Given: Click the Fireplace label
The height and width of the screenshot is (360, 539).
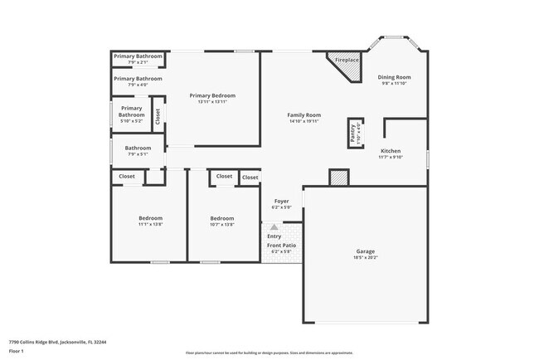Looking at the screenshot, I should point(347,61).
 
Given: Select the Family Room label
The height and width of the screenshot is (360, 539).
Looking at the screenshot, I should point(303,115).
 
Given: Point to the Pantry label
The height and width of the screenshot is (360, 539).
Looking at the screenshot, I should point(353,133).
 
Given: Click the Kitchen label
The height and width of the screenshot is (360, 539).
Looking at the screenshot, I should point(390,151).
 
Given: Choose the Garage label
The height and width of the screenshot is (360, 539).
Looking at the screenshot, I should point(366,251).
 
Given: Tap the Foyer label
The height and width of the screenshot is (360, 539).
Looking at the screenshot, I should point(282,201).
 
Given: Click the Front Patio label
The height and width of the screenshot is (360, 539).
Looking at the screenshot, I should point(281,246).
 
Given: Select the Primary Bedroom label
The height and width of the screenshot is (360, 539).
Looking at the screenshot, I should point(212,95).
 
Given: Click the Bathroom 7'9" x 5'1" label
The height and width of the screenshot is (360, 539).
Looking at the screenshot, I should point(138,148).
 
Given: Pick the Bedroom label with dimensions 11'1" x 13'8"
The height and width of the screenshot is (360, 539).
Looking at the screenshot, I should point(150,218).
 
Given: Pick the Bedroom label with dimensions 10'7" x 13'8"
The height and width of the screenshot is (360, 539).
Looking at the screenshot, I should point(222,218).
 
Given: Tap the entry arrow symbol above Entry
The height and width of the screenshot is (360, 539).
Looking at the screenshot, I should point(274,226).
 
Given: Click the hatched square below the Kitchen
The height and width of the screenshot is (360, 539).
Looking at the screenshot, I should point(338,178).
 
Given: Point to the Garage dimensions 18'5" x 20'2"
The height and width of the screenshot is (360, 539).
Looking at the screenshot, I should point(366,258).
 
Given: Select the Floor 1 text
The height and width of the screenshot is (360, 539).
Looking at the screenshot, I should point(17,351).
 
